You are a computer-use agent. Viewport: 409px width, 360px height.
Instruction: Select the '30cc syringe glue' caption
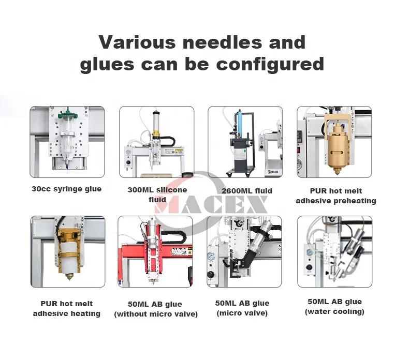pyautogui.click(x=67, y=189)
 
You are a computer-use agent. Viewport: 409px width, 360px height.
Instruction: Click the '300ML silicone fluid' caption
pyautogui.click(x=157, y=194)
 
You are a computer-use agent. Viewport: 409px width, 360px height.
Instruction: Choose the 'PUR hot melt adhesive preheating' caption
pyautogui.click(x=335, y=196)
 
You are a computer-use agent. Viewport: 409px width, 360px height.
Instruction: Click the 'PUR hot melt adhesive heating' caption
pyautogui.click(x=67, y=308)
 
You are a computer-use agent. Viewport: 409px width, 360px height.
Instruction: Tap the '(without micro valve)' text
pyautogui.click(x=156, y=314)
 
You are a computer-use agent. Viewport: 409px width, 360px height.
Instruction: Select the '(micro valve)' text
pyautogui.click(x=242, y=313)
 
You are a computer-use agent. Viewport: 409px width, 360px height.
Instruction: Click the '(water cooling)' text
pyautogui.click(x=334, y=311)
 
